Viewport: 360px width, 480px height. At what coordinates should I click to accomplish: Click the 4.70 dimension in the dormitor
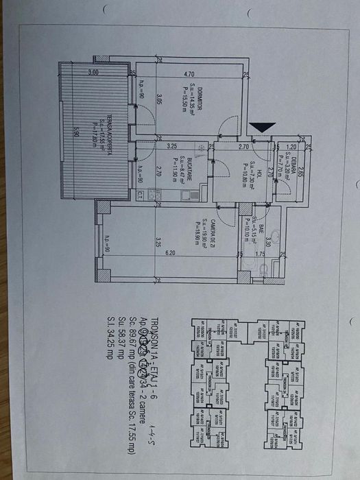[190, 75]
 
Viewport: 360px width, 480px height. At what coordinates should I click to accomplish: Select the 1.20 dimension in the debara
[291, 147]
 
